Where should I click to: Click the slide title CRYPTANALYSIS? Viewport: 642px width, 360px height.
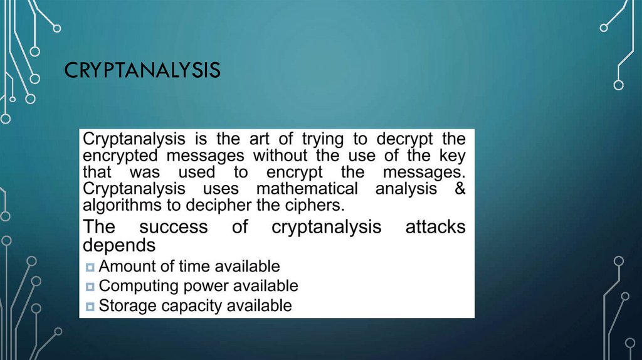point(142,70)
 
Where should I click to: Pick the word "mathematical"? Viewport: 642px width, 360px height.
point(307,188)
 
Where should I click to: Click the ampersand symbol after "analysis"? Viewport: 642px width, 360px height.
point(460,188)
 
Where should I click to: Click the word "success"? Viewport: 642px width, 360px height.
point(173,226)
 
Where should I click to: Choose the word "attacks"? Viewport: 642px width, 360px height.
point(435,226)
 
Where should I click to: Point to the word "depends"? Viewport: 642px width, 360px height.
point(119,245)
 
